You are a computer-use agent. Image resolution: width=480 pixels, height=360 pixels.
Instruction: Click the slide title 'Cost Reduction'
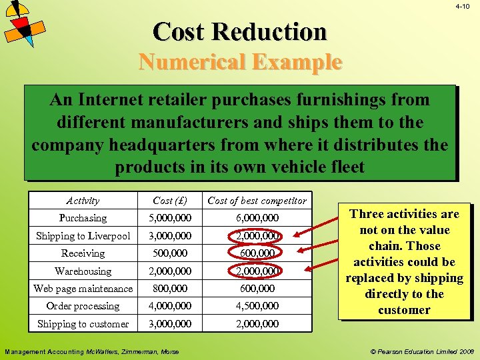240,31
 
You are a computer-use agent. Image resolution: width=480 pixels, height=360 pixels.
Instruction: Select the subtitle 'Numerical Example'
240,62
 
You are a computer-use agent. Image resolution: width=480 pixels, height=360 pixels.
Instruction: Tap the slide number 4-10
463,7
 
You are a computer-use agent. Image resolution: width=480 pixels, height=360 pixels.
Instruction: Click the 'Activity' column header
83,200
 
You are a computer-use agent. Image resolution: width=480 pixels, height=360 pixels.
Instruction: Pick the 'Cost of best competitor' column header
257,200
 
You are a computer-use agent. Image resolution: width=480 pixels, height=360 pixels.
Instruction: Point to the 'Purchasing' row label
83,218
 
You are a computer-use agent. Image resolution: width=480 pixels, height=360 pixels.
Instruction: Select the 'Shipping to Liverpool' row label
83,236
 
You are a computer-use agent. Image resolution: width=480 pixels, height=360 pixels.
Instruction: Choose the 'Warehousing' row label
83,271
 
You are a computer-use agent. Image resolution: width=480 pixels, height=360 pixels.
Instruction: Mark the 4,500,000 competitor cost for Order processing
257,306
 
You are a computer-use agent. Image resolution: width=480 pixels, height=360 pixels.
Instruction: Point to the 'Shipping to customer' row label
83,324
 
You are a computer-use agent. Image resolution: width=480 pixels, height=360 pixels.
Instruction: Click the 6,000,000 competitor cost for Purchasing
257,218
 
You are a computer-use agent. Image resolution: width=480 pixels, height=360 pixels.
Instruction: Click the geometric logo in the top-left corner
23,23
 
